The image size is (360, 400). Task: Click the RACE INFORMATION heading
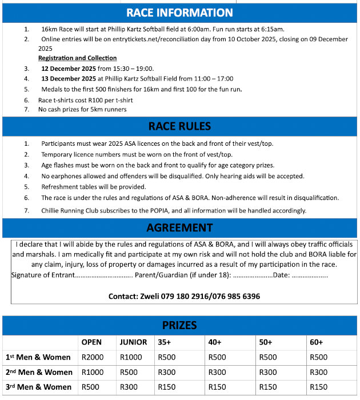[179, 13]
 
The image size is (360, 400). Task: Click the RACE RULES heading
[179, 126]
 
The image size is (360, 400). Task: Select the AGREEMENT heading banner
[179, 227]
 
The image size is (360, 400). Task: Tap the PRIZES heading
[179, 325]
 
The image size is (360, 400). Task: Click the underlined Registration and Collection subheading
[77, 58]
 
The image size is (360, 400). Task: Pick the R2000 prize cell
[93, 357]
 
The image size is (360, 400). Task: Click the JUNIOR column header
[133, 342]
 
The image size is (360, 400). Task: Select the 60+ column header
[316, 342]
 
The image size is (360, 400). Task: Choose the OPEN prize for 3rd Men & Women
[91, 387]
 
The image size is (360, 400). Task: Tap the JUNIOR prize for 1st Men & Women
[131, 357]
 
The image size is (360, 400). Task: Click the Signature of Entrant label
[43, 275]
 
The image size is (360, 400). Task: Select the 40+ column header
[215, 342]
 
